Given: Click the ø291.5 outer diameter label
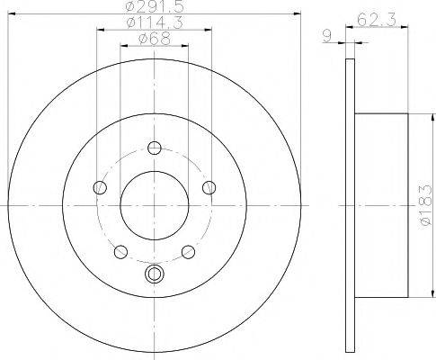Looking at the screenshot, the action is pyautogui.click(x=155, y=6).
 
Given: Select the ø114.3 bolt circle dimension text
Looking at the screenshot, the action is pyautogui.click(x=155, y=22).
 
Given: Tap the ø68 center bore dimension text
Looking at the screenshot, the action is pyautogui.click(x=155, y=39).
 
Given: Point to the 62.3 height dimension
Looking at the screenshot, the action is pyautogui.click(x=377, y=20).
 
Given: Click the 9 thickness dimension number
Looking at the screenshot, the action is pyautogui.click(x=327, y=36).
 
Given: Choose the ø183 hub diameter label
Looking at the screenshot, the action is pyautogui.click(x=426, y=205).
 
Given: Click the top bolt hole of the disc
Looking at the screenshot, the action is pyautogui.click(x=155, y=148).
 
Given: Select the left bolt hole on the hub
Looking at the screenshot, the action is pyautogui.click(x=100, y=188).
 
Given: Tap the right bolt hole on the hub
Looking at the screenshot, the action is pyautogui.click(x=209, y=188).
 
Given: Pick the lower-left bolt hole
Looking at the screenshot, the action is pyautogui.click(x=120, y=252).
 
